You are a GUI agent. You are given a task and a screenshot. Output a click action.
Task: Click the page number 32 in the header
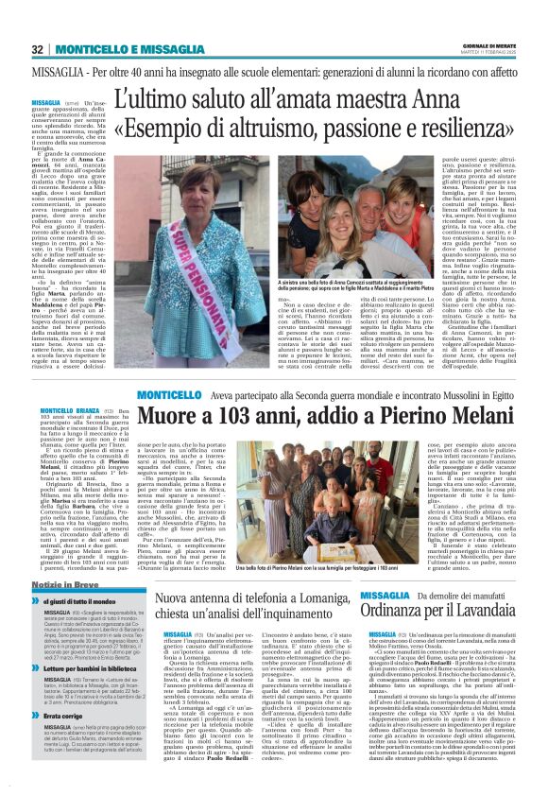[x=37, y=49]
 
